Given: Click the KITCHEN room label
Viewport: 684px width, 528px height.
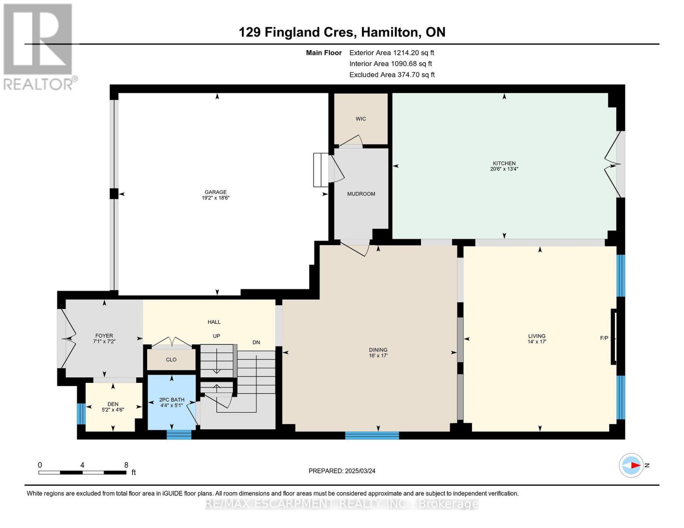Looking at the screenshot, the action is pyautogui.click(x=504, y=163).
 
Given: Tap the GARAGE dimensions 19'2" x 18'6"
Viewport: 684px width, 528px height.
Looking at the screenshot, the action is pyautogui.click(x=216, y=198).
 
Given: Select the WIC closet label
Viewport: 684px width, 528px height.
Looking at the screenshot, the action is pyautogui.click(x=361, y=118).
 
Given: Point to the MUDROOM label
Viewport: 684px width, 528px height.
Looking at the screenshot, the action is pyautogui.click(x=361, y=194).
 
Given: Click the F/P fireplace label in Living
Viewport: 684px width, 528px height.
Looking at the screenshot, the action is pyautogui.click(x=604, y=338).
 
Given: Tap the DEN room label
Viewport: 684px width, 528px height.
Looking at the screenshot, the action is pyautogui.click(x=113, y=404).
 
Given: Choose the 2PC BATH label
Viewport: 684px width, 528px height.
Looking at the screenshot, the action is pyautogui.click(x=172, y=400).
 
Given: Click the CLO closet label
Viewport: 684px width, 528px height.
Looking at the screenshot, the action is pyautogui.click(x=171, y=359).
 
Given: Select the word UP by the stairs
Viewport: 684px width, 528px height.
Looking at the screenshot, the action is pyautogui.click(x=216, y=336).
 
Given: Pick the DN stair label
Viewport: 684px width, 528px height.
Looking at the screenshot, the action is pyautogui.click(x=256, y=342).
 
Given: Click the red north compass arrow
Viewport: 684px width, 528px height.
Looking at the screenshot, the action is pyautogui.click(x=635, y=465).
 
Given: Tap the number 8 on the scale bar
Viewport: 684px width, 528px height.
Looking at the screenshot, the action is pyautogui.click(x=126, y=465).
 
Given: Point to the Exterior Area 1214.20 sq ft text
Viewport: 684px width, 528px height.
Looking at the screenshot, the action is pyautogui.click(x=392, y=52).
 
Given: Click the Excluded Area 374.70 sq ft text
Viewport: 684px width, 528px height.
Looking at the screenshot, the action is pyautogui.click(x=392, y=74).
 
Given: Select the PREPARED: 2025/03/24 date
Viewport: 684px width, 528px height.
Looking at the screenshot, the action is pyautogui.click(x=342, y=471).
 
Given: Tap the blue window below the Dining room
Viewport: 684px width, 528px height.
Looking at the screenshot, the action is pyautogui.click(x=372, y=436).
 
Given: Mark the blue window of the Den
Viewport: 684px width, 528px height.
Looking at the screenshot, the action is pyautogui.click(x=81, y=414).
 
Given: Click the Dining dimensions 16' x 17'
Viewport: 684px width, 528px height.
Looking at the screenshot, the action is pyautogui.click(x=378, y=356).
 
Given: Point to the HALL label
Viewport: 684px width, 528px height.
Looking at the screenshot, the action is pyautogui.click(x=214, y=322).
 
